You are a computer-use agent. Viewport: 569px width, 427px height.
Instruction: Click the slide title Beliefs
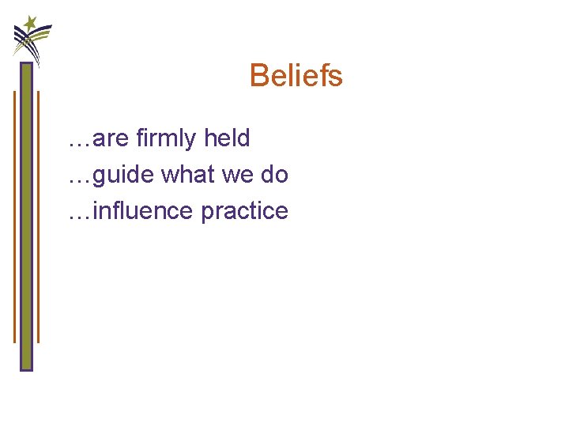[x=296, y=76]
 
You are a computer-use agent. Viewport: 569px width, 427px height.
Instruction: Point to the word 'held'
[x=227, y=138]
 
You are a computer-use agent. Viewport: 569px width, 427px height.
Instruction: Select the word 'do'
[x=274, y=174]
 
